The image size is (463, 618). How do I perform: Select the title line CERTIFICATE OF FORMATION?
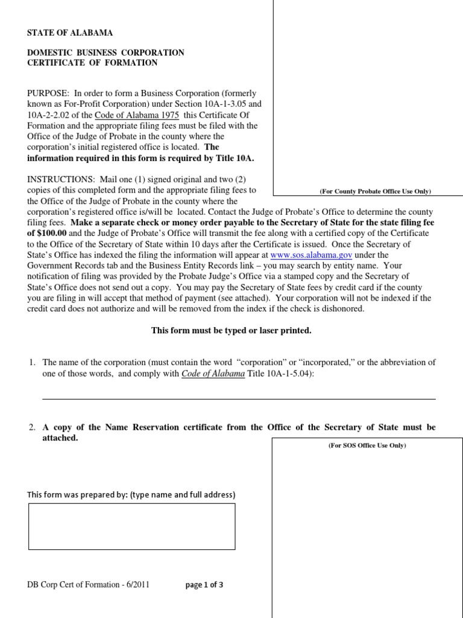point(92,63)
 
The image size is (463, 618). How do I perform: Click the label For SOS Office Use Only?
point(367,445)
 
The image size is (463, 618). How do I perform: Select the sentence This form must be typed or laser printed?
point(231,331)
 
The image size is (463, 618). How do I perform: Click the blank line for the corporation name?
point(238,398)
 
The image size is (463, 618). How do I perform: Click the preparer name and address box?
point(131,526)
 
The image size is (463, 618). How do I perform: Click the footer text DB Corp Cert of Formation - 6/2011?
point(88,585)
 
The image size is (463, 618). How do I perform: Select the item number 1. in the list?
point(33,363)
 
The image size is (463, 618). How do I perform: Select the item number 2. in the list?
point(33,427)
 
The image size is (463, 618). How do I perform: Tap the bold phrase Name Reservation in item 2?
point(134,427)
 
